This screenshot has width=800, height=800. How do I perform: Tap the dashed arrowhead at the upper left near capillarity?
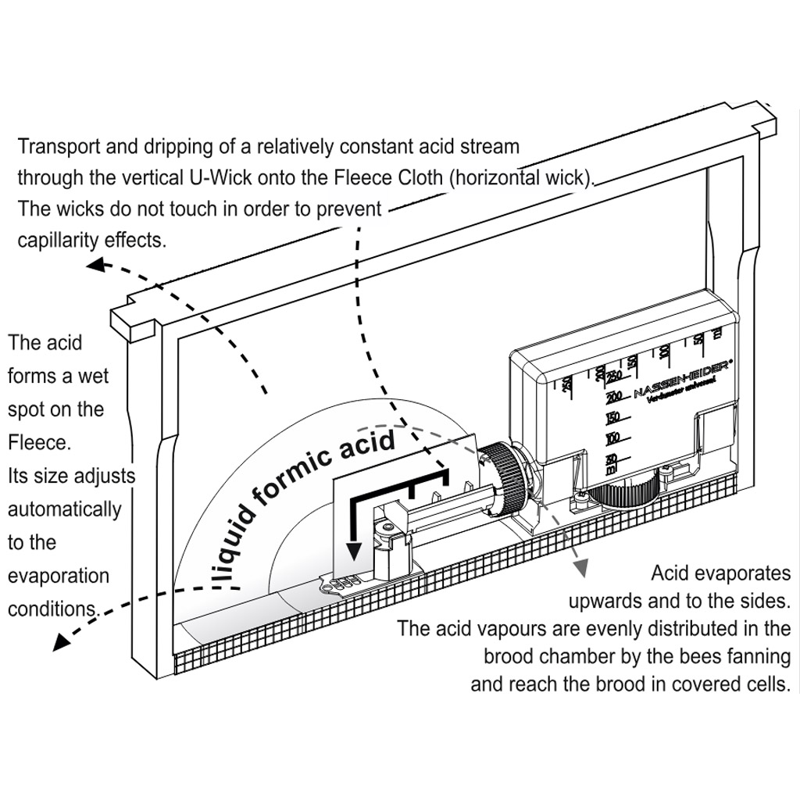96,266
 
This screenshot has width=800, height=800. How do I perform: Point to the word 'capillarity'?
66,240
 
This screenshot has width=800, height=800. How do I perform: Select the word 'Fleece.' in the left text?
39,443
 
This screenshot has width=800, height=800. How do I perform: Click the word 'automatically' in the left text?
65,509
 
